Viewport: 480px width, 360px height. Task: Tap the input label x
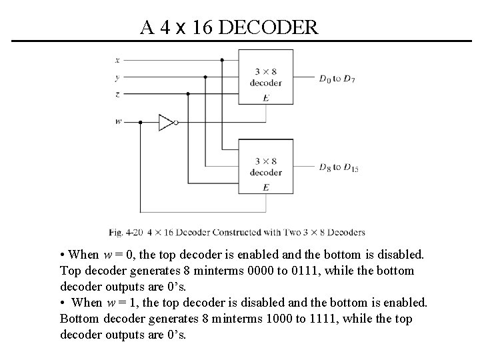point(117,59)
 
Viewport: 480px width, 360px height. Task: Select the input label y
point(117,77)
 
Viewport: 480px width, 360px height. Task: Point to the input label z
point(117,94)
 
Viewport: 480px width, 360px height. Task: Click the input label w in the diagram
point(118,122)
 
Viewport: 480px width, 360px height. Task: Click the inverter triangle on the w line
point(165,122)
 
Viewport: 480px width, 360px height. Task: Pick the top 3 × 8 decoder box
point(266,77)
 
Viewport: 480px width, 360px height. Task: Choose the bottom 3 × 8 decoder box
point(266,167)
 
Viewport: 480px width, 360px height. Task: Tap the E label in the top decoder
point(266,98)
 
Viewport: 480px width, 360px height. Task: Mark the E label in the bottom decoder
point(266,188)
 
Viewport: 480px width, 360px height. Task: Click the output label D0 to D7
point(337,79)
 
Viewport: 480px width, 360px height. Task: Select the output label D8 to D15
point(338,167)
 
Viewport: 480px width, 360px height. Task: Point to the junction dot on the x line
point(222,59)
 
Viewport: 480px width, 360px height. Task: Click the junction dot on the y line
point(205,77)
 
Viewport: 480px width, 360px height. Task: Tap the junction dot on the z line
point(189,94)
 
